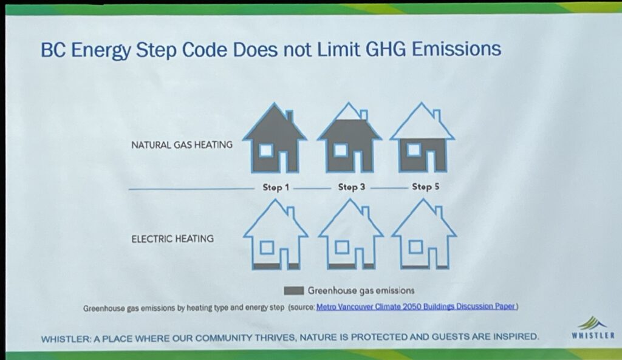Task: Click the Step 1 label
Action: point(276,188)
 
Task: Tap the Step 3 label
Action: point(351,187)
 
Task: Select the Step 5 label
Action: point(425,186)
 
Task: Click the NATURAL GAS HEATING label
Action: point(182,144)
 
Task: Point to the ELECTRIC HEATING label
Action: point(172,239)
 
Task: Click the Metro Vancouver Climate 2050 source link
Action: point(416,307)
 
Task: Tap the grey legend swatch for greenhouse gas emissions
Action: point(293,291)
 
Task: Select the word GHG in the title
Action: point(385,49)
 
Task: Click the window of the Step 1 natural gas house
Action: point(265,151)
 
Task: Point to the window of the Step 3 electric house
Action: point(341,248)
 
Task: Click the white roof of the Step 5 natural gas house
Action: point(422,125)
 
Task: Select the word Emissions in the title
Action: point(456,49)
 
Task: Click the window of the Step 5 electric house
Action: point(415,246)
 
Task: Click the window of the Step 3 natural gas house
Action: point(340,150)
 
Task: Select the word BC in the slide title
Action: point(53,50)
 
